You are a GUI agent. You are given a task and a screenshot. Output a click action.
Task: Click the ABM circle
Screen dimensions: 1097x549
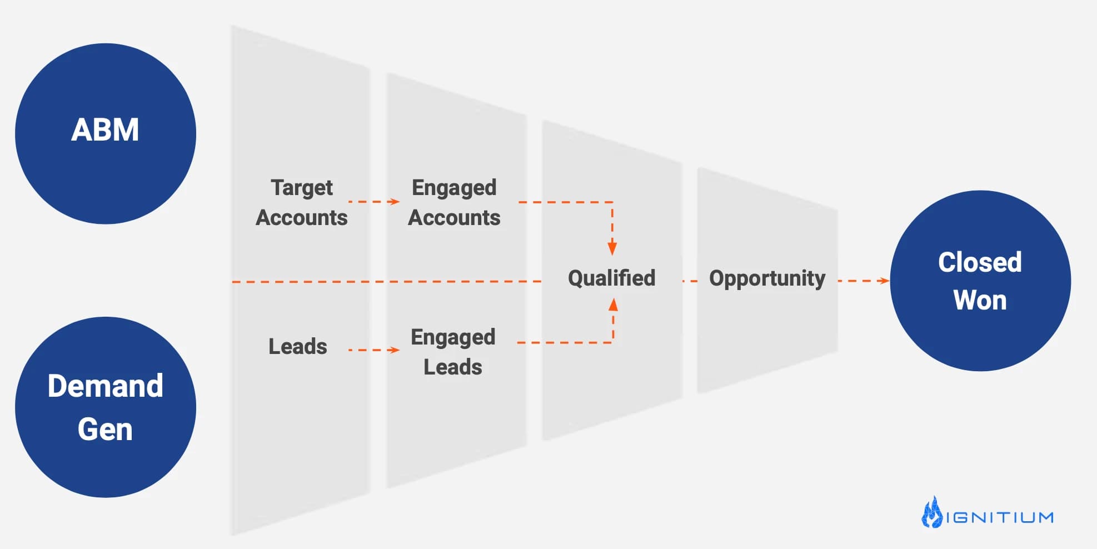click(106, 134)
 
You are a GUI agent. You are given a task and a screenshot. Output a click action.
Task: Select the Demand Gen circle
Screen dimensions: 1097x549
click(106, 407)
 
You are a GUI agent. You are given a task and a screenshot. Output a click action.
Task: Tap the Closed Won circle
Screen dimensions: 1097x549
click(980, 281)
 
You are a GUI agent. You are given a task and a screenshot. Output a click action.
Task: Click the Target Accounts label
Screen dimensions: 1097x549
click(302, 202)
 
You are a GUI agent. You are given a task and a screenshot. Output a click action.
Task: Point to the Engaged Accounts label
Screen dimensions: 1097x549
click(454, 202)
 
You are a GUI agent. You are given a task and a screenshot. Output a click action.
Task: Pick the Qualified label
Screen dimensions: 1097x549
click(611, 278)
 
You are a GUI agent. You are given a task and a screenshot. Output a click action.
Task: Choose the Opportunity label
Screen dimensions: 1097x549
click(767, 278)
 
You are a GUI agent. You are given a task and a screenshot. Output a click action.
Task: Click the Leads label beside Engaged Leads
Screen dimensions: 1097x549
click(298, 346)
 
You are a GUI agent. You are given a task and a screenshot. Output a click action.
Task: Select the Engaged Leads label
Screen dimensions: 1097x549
click(453, 352)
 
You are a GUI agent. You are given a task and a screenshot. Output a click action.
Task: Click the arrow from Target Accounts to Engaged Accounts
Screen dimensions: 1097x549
click(374, 202)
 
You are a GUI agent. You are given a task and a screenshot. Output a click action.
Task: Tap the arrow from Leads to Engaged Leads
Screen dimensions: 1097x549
click(374, 350)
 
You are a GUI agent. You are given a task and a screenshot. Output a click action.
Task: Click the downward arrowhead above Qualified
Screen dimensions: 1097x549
click(612, 248)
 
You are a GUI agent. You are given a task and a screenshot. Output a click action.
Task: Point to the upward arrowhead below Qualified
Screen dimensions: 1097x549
click(613, 305)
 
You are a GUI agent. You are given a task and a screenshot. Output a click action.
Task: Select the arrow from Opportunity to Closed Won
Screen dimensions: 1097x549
click(864, 281)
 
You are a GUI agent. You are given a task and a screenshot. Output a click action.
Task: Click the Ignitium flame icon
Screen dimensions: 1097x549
click(932, 512)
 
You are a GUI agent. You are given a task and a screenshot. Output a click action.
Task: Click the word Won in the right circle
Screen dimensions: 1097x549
click(980, 300)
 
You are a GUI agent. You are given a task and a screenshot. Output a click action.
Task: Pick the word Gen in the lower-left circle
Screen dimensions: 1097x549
click(105, 430)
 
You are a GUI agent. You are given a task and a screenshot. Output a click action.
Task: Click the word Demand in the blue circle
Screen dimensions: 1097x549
click(106, 386)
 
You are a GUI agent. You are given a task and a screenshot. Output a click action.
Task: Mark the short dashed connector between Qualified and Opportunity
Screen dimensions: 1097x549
click(690, 281)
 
